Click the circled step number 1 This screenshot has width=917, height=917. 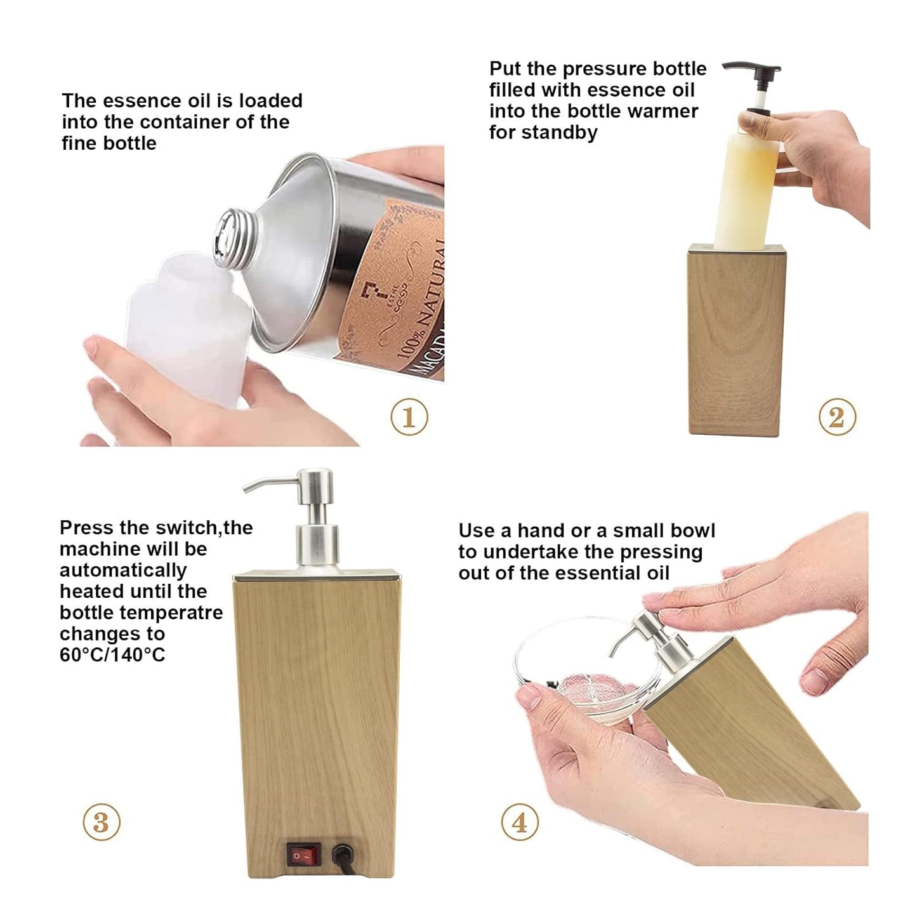[409, 417]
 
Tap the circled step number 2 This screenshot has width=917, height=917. [836, 417]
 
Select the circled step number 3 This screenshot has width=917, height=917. [101, 822]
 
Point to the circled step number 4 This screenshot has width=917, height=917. [520, 822]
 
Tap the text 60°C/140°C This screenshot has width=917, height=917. [112, 654]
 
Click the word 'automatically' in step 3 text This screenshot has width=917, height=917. [123, 570]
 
